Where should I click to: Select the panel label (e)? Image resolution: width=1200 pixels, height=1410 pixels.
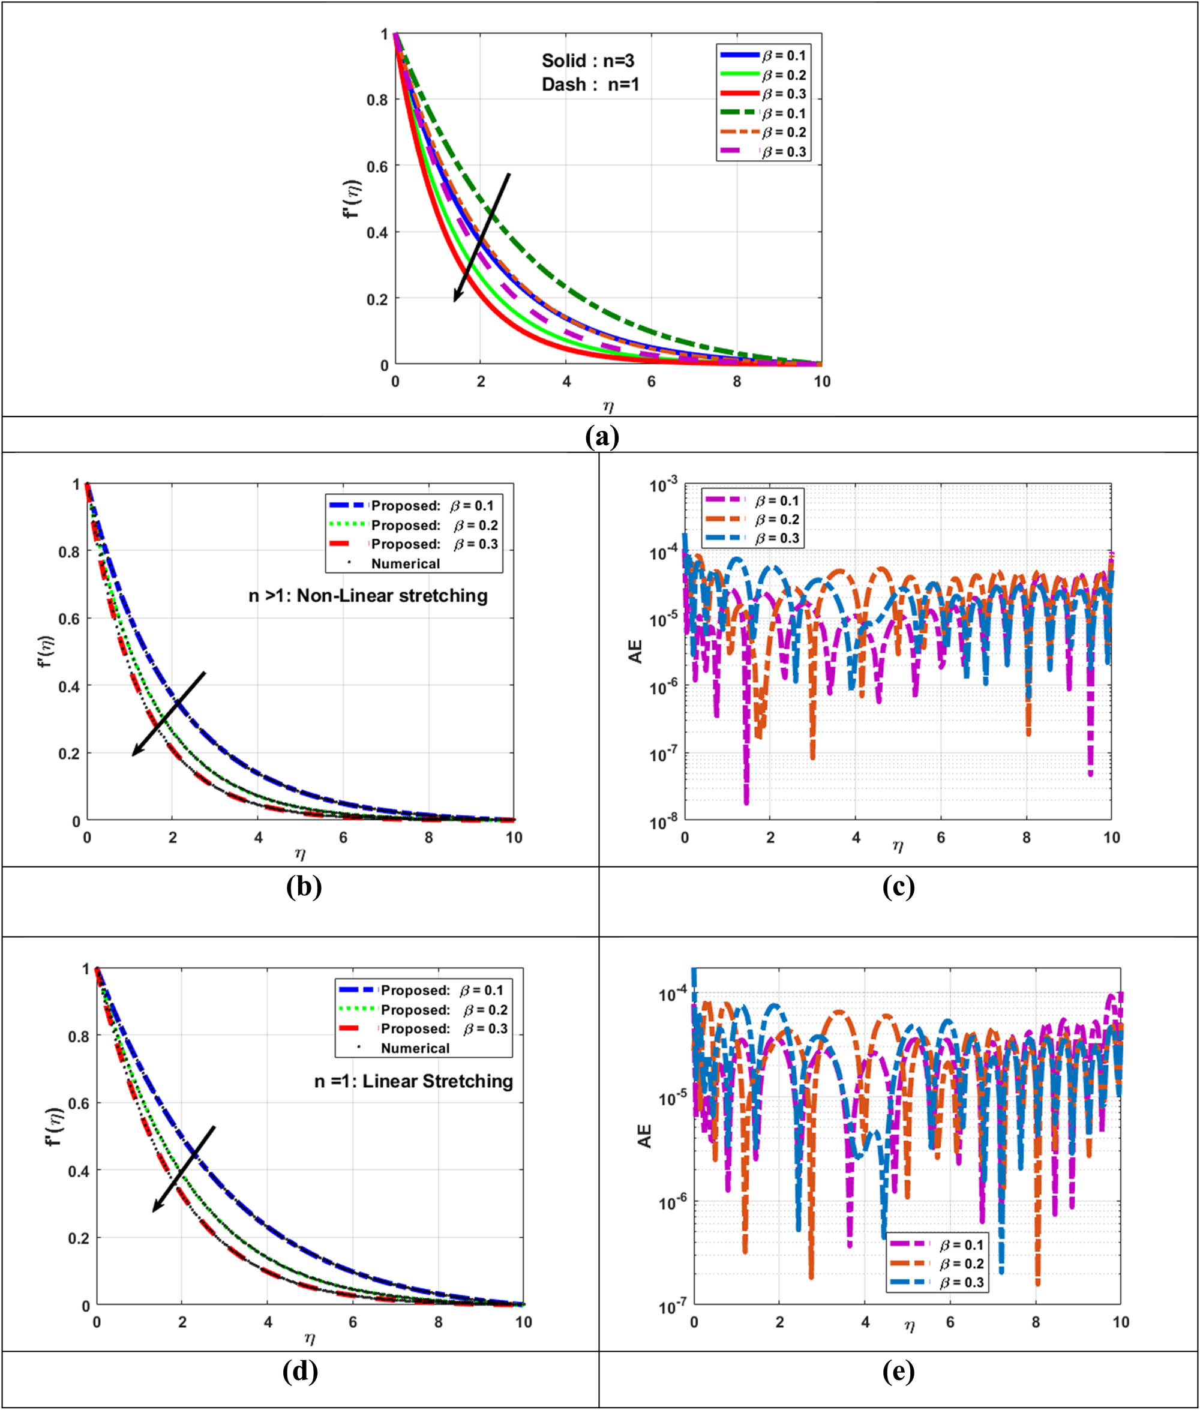click(898, 1372)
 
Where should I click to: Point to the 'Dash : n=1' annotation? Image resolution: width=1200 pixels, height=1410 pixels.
click(590, 85)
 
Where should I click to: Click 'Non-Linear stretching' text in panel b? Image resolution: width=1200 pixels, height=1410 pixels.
click(367, 596)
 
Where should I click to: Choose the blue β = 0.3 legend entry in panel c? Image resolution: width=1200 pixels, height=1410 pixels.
click(754, 538)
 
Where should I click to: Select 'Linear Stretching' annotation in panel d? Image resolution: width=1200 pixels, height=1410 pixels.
click(413, 1081)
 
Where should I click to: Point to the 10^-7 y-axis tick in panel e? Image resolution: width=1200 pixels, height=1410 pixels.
click(673, 1307)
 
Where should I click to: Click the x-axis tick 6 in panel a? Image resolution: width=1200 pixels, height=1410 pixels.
click(652, 382)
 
